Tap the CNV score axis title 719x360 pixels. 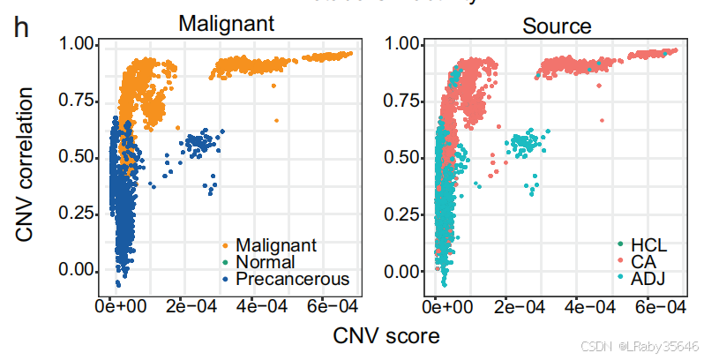tap(386, 335)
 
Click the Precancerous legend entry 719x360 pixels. tap(292, 279)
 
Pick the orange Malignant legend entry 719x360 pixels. tap(275, 244)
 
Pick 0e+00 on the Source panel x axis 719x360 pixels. tap(446, 306)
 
